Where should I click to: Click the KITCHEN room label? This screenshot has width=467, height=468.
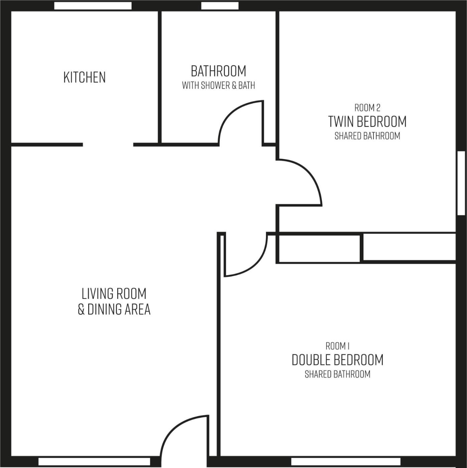[x=85, y=77]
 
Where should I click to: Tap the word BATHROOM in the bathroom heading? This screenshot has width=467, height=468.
[x=218, y=71]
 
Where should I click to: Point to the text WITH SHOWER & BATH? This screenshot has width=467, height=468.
[x=218, y=86]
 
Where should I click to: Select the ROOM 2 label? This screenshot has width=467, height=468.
[x=367, y=108]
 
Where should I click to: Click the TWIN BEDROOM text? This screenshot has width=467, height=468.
[x=367, y=122]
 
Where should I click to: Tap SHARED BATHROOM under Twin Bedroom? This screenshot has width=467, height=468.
[x=367, y=136]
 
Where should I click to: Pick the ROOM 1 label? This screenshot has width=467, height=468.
[x=337, y=346]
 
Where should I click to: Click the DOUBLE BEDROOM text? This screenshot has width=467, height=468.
[x=337, y=360]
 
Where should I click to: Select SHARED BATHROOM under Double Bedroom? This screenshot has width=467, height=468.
[x=337, y=374]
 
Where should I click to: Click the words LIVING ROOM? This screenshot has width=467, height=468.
[x=114, y=294]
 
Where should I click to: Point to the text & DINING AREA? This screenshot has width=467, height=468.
[x=114, y=309]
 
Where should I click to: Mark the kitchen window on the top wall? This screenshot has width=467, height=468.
[x=93, y=6]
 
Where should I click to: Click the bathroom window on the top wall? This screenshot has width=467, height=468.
[x=220, y=6]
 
